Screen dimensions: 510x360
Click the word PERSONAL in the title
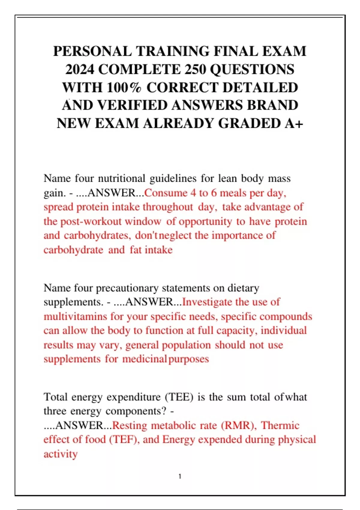[x=92, y=51]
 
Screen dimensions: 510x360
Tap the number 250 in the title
[x=195, y=70]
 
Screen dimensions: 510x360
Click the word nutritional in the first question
[x=121, y=178]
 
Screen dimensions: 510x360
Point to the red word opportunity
[x=205, y=222]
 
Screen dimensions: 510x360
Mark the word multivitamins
[x=75, y=316]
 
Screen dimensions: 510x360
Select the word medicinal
[x=144, y=359]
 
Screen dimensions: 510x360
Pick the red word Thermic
[x=280, y=426]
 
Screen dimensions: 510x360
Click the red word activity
[x=61, y=454]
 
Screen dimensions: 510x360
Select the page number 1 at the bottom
[x=180, y=476]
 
